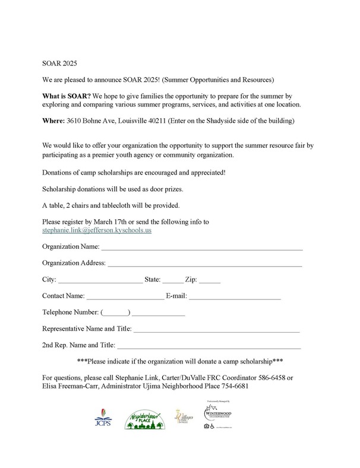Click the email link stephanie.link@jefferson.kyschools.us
click(x=97, y=229)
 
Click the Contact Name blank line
click(x=125, y=296)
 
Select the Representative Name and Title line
click(x=217, y=328)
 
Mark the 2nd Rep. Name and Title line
click(x=209, y=345)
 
